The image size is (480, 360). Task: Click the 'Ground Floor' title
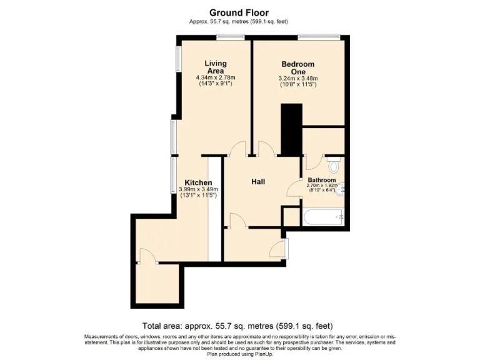(x=239, y=12)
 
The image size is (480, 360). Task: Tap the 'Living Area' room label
(x=216, y=67)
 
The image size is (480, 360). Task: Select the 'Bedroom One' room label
(x=297, y=67)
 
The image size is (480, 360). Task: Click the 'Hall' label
(x=257, y=182)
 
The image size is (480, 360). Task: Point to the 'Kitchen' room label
(x=197, y=182)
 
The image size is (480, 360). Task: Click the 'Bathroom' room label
(x=321, y=180)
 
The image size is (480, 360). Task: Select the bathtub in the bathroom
(x=322, y=217)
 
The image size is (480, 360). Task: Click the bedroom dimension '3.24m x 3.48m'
(x=297, y=78)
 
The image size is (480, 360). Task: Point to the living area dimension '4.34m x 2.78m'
(x=216, y=77)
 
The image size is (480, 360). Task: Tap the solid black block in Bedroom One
(x=291, y=129)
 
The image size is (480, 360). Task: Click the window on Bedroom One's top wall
(x=314, y=37)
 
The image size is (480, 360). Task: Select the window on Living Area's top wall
(x=231, y=37)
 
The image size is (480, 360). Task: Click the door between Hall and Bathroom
(x=294, y=188)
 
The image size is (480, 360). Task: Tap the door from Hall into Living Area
(x=238, y=150)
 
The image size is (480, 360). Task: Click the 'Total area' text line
(x=237, y=326)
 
